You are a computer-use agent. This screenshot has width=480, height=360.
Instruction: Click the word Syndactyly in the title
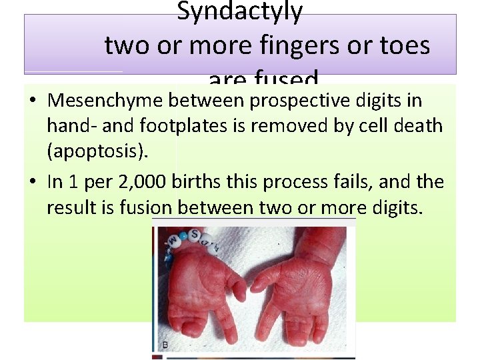click(x=239, y=11)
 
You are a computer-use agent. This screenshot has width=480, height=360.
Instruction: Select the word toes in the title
click(x=405, y=45)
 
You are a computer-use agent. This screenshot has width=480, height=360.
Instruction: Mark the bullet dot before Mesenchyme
click(x=33, y=101)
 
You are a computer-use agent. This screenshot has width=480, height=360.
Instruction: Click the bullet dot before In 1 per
click(x=33, y=182)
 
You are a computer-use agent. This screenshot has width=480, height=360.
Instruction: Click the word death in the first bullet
click(x=417, y=125)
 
